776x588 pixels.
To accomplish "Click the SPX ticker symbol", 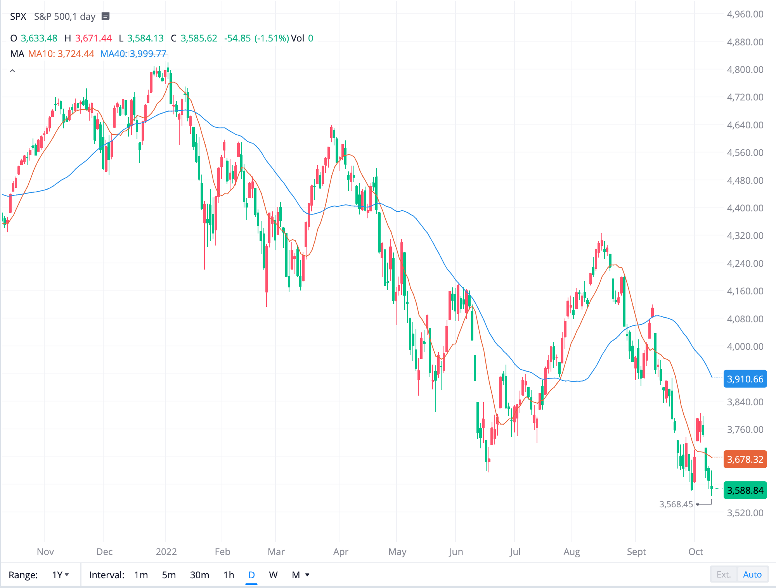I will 18,17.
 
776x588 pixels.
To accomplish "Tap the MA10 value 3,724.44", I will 76,54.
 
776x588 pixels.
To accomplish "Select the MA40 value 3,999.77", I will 148,54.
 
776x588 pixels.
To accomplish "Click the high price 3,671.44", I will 93,38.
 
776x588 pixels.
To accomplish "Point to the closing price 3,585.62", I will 199,38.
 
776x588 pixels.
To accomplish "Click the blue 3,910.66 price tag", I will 745,379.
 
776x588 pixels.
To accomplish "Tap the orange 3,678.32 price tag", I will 745,460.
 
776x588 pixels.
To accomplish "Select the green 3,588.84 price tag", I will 745,491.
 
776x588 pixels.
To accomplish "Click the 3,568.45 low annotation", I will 676,504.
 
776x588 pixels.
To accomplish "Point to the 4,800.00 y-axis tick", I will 745,70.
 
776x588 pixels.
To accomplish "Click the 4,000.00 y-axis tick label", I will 745,347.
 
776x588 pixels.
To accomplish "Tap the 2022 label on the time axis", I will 166,552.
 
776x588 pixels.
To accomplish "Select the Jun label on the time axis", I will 456,552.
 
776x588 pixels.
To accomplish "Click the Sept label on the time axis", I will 636,552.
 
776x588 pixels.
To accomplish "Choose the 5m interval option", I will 169,575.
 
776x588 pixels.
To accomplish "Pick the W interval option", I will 273,575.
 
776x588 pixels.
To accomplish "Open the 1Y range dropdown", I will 61,575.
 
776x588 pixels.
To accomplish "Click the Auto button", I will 752,574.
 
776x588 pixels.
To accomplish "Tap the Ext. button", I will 724,574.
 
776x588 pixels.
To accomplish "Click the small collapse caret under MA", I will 12,71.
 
